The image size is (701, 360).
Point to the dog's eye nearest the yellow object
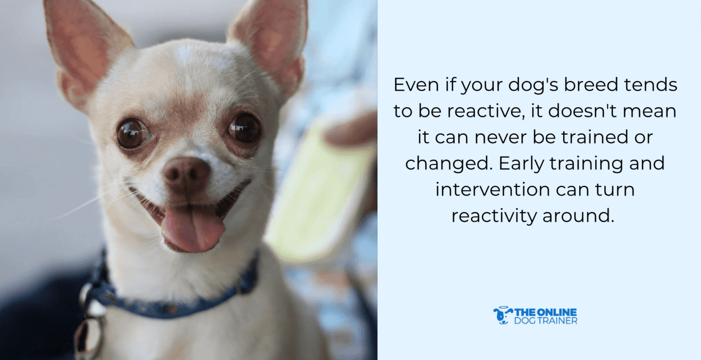(x=245, y=128)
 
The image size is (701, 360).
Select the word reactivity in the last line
(x=494, y=215)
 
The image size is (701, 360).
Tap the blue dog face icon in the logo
(x=502, y=315)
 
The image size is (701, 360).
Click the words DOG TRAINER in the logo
(x=545, y=321)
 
